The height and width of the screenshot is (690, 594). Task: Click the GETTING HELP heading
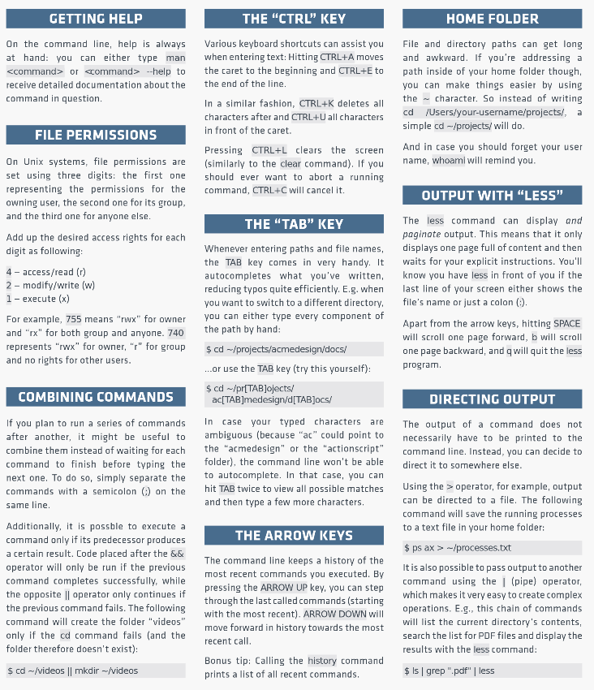tap(96, 19)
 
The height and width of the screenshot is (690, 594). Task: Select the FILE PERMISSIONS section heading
tap(96, 135)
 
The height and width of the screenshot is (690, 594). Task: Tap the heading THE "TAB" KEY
tap(294, 224)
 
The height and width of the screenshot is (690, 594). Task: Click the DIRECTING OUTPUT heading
tap(492, 399)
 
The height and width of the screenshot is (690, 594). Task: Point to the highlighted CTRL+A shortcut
tap(337, 58)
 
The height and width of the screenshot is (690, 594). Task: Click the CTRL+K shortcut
tap(316, 104)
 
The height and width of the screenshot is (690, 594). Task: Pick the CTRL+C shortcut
tap(269, 190)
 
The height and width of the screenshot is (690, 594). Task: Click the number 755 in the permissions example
tap(73, 319)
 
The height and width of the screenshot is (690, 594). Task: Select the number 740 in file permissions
tap(175, 333)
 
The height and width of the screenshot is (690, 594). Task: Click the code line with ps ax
tap(492, 548)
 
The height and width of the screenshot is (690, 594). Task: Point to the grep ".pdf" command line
tap(492, 671)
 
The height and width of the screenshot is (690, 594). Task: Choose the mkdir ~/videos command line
tap(96, 671)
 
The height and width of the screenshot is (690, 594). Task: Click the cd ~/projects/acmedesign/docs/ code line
tap(294, 349)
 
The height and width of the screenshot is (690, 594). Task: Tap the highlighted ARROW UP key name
tap(288, 588)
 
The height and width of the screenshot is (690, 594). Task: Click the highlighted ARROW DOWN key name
tap(335, 614)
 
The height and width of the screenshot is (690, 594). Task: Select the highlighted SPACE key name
tap(566, 323)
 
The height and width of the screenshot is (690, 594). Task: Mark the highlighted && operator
tap(177, 553)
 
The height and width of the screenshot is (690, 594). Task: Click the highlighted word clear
tap(291, 163)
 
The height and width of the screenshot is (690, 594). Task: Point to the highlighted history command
tap(322, 660)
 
